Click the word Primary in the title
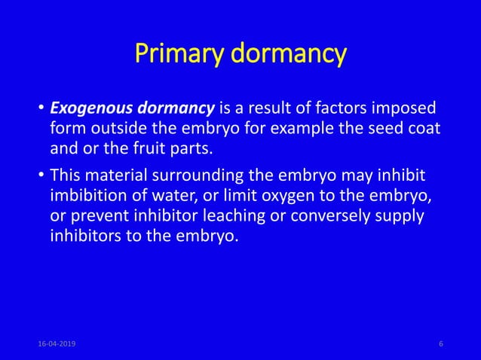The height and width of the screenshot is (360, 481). coord(176,54)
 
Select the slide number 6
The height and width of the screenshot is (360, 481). coord(440,343)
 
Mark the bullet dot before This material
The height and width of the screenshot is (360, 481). coord(41,177)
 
